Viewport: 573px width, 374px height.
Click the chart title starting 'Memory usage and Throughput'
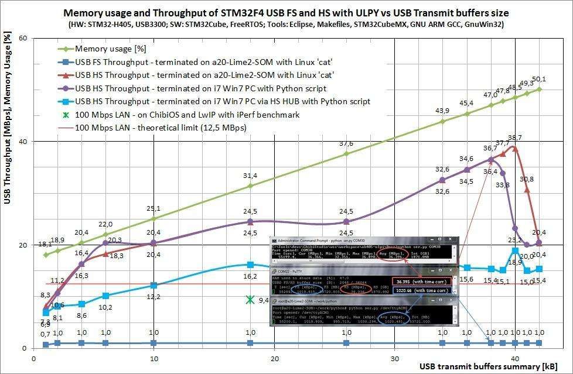(x=286, y=12)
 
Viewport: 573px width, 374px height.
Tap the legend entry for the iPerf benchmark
(x=187, y=114)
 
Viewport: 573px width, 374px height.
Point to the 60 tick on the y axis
(x=23, y=38)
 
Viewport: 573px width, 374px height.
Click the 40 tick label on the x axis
(x=515, y=358)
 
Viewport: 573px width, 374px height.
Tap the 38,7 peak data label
(x=515, y=138)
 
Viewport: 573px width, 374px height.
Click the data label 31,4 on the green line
(x=250, y=176)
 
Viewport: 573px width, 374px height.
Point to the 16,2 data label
(x=250, y=276)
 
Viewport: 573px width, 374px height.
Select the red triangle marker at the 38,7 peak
(x=515, y=148)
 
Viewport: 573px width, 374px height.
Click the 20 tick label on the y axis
(x=23, y=245)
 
